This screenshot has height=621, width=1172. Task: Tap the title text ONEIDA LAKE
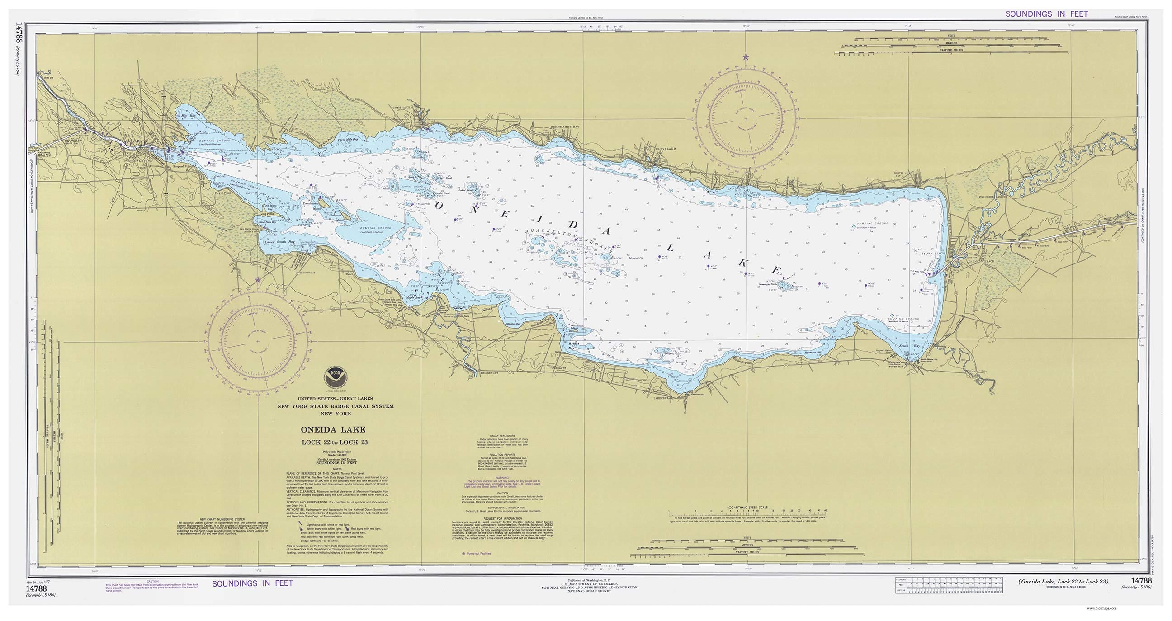tap(333, 430)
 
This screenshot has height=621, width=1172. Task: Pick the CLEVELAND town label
tap(666, 149)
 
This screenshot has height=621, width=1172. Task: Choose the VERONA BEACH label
tap(978, 261)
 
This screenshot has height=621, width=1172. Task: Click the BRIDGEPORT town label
tap(489, 373)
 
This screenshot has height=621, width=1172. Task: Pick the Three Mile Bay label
tap(348, 140)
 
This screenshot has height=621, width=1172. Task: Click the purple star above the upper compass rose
tap(745, 57)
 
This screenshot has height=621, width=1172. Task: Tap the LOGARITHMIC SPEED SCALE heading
tap(747, 508)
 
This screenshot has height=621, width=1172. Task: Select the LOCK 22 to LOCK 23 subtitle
tap(335, 442)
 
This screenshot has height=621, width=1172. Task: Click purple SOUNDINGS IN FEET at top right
tap(1046, 14)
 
